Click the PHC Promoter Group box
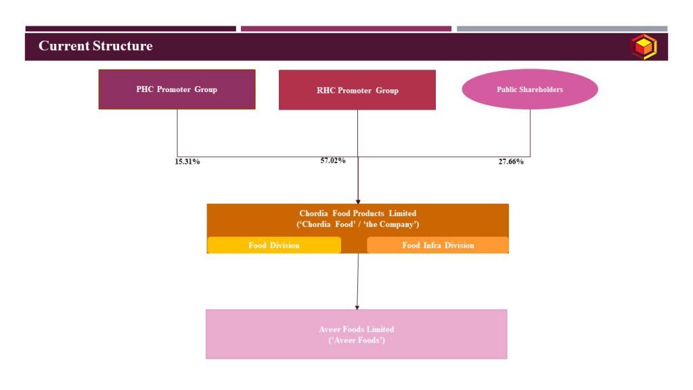point(177,89)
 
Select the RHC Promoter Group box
point(357,90)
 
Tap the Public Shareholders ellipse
point(530,89)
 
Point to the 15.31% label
point(187,162)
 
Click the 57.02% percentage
point(333,160)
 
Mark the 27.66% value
point(511,162)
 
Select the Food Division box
point(274,245)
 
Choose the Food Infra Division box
point(438,245)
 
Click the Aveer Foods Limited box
point(356,334)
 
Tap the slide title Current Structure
point(95,46)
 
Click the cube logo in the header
point(644,47)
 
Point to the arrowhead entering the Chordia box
point(358,202)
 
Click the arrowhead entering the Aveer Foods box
point(357,307)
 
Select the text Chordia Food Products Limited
point(357,213)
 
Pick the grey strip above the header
point(562,28)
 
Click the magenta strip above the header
point(346,28)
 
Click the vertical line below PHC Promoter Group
point(177,133)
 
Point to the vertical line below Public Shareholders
point(530,133)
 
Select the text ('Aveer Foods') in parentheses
point(357,340)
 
